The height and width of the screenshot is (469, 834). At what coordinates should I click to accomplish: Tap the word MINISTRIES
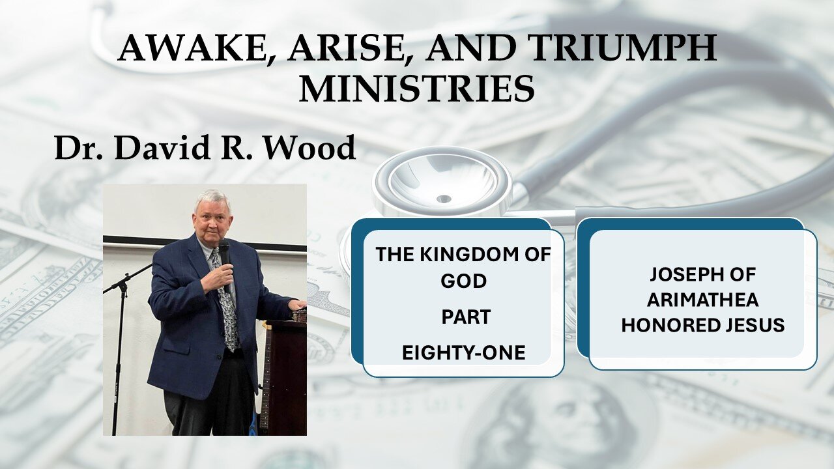point(416,89)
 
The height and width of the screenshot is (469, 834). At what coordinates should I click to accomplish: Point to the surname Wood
point(309,148)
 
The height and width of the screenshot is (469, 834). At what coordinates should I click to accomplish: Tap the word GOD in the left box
point(463,281)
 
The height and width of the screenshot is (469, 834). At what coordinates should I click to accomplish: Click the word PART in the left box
point(466,317)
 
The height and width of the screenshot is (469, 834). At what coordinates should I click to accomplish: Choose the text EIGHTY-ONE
point(463,353)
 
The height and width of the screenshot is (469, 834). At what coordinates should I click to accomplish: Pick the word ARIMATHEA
point(702,300)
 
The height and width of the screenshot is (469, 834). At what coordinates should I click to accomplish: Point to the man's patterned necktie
point(226,302)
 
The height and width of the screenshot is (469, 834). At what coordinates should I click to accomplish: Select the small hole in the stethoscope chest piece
point(444,199)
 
